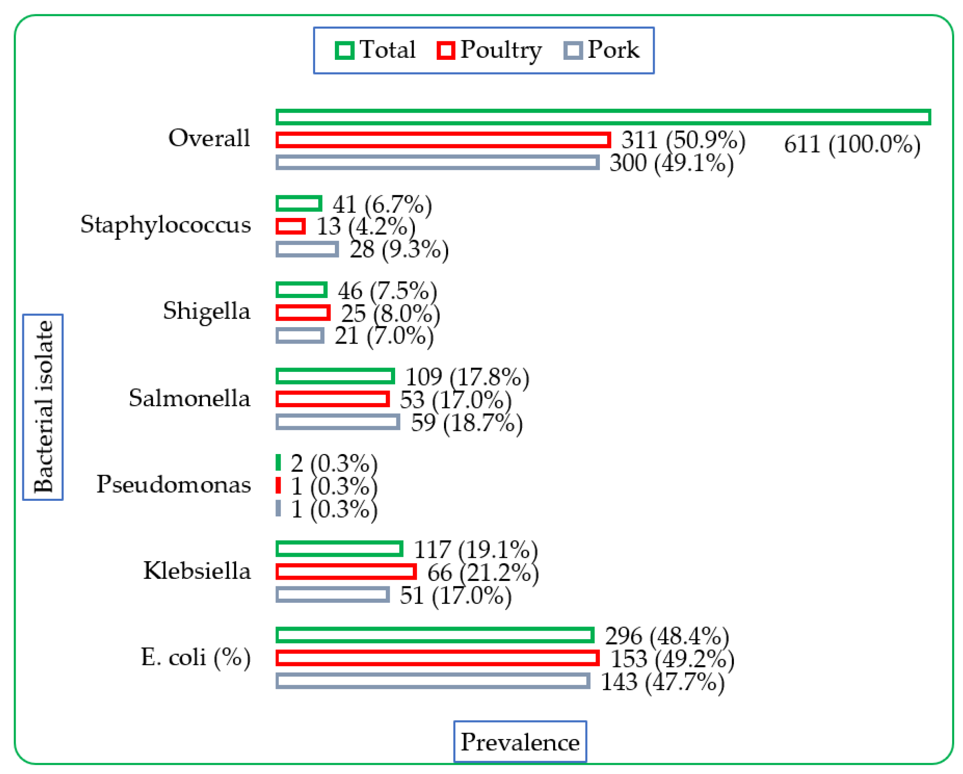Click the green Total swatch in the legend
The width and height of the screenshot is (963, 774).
344,51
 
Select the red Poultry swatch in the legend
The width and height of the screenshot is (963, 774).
446,51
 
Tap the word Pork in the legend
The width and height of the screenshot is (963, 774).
613,50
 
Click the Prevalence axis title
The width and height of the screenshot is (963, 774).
520,742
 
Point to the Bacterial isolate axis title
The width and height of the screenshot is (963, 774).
43,407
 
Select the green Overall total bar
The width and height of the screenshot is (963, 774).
603,117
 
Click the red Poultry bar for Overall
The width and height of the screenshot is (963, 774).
443,140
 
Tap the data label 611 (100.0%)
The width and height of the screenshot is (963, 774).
852,145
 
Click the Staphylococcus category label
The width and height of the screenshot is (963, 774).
166,225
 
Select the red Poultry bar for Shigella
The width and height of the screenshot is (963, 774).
303,313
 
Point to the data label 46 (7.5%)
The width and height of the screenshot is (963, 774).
387,291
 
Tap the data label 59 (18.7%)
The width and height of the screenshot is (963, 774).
467,423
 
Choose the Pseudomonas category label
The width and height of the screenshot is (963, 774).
174,484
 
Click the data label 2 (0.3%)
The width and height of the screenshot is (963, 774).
334,463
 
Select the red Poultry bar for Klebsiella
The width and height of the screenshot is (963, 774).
346,572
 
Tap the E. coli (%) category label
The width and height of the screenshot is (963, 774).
195,658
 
